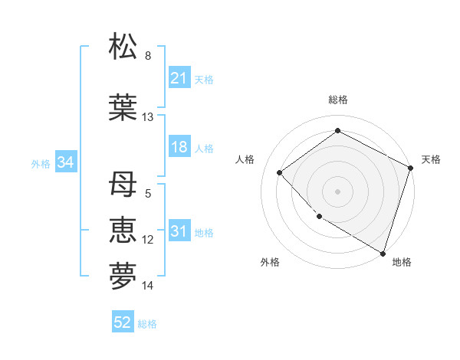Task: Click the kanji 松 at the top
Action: point(123,47)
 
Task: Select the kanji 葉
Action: point(123,107)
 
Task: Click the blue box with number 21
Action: point(179,78)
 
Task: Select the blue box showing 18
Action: point(179,147)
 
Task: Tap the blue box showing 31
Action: point(179,232)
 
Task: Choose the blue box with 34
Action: point(66,162)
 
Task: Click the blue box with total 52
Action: point(123,323)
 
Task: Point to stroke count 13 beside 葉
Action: point(148,117)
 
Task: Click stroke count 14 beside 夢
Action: point(148,286)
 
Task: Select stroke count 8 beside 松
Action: point(148,56)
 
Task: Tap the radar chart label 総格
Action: point(337,100)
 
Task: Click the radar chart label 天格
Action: point(431,159)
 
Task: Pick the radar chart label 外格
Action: point(270,262)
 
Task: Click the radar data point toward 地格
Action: point(383,252)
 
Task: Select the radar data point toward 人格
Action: point(280,172)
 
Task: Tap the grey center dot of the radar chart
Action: point(337,191)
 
